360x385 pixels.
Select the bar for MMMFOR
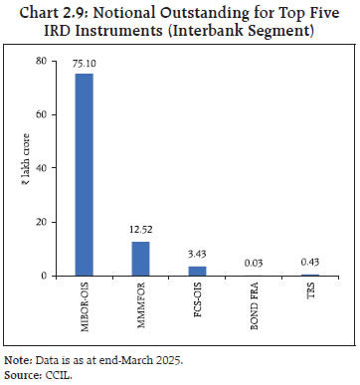(140, 258)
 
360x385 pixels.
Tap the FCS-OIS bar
(197, 271)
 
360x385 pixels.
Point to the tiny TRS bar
(309, 275)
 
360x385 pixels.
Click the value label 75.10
(85, 65)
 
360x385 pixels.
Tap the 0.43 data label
(309, 265)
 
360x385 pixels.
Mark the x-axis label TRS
(310, 293)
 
